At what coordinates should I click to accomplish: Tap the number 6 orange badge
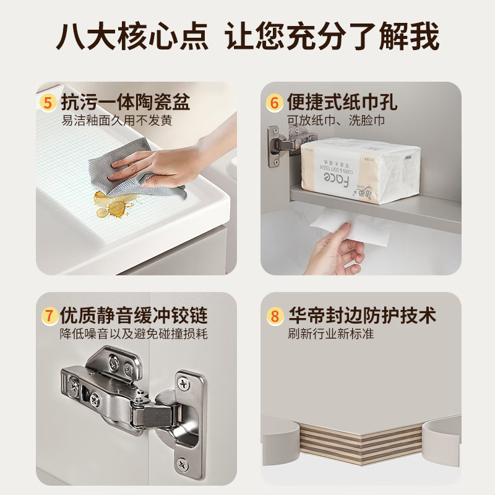[x=274, y=101]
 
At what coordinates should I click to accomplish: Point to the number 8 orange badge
[x=274, y=316]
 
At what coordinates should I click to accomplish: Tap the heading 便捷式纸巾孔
[x=342, y=101]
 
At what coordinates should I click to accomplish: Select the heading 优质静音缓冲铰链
[x=134, y=316]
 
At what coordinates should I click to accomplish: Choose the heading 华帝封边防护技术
[x=362, y=316]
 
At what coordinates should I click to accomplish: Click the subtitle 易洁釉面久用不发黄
[x=116, y=120]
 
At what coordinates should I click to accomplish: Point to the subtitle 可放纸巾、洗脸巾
[x=335, y=120]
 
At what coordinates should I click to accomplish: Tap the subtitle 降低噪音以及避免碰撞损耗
[x=134, y=334]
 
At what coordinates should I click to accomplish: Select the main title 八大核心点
[x=133, y=37]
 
